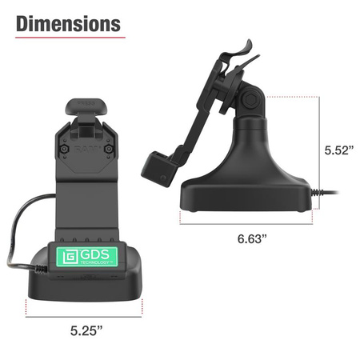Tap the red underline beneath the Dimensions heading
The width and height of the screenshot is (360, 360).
point(68,38)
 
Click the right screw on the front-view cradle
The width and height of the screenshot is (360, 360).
point(111,150)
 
